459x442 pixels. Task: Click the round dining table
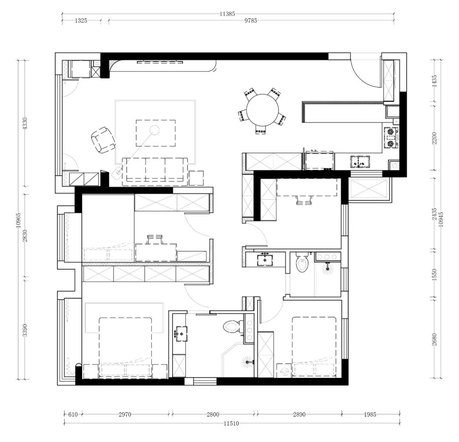[x=262, y=110]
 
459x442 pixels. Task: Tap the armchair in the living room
[x=103, y=140]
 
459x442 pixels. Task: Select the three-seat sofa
[x=155, y=172]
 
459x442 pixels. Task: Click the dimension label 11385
[x=227, y=14]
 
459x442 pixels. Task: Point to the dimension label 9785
[x=251, y=20]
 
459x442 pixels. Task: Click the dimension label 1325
[x=81, y=20]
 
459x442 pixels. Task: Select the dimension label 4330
[x=25, y=124]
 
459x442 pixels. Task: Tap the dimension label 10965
[x=18, y=220]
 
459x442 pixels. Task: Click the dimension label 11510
[x=231, y=423]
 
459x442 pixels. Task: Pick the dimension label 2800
[x=213, y=414]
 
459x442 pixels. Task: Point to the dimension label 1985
[x=370, y=414]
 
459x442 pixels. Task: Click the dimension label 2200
[x=434, y=138]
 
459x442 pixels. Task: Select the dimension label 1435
[x=434, y=81]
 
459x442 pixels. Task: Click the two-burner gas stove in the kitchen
[x=391, y=137]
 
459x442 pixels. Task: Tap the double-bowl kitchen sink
[x=360, y=162]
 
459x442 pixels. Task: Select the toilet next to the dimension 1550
[x=302, y=263]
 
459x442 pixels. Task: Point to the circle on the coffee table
[x=154, y=129]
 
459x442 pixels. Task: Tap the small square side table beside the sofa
[x=196, y=178]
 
